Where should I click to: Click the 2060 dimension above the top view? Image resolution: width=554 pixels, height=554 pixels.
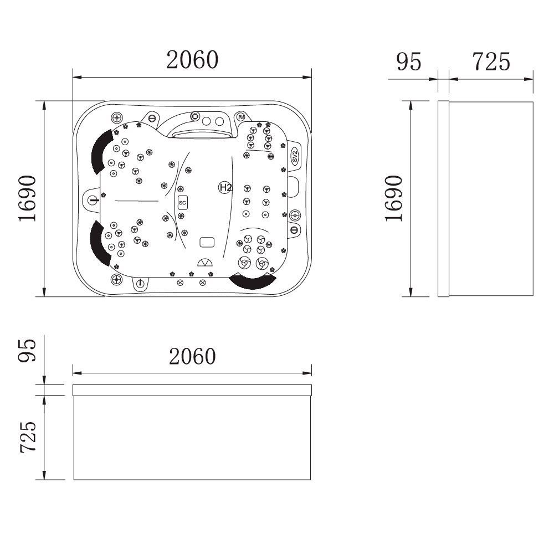coord(192,60)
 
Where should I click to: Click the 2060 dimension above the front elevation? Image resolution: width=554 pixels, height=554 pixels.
coord(192,356)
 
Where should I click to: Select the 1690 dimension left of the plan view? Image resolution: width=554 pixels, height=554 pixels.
coord(27,198)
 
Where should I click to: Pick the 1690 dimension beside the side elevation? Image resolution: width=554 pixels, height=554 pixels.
coord(393,198)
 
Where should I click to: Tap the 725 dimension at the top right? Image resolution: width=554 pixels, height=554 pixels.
coord(490,61)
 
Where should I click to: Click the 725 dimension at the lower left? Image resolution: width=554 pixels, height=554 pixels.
coord(28,438)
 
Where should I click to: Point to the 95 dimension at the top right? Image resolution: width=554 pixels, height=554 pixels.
coord(409,61)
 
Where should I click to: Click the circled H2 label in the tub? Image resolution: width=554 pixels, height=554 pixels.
coord(225,188)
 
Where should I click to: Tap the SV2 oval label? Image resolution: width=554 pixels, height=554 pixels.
coord(295,156)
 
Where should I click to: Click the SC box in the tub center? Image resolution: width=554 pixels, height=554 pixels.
coord(182,203)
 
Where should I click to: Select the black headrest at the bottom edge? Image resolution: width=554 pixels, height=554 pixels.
coord(253,281)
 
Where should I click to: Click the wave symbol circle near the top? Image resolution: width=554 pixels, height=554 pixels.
coord(241,117)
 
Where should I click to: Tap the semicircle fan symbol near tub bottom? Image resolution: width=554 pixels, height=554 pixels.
coord(204,263)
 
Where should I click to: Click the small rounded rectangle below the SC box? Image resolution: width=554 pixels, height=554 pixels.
coord(207,242)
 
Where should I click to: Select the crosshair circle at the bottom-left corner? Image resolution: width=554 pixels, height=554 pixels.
coord(116,278)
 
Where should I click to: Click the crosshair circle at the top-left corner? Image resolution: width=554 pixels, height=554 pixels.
coord(116,117)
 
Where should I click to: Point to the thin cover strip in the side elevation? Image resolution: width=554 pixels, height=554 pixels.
coord(443,198)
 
